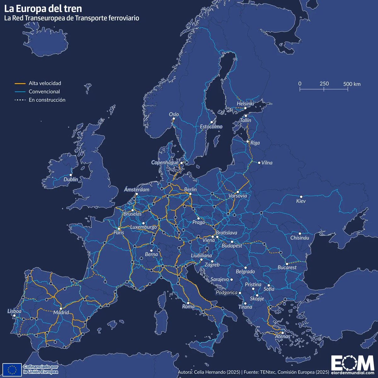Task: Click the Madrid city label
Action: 61,313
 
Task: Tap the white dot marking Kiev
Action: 301,197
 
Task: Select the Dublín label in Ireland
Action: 71,179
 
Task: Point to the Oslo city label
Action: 174,114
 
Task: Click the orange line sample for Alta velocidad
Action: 20,83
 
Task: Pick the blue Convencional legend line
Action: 20,92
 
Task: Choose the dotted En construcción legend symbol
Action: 20,100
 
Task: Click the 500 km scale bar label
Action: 352,84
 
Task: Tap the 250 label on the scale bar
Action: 324,83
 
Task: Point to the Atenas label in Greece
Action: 283,336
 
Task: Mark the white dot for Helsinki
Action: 245,108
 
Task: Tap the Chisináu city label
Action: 300,238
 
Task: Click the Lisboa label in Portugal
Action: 14,311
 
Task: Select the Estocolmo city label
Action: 211,127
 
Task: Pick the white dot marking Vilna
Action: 259,163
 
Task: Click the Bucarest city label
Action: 287,267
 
